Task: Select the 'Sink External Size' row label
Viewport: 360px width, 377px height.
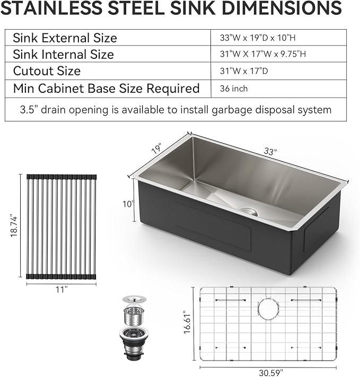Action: coord(65,38)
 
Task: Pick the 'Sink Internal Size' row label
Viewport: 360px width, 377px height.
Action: coord(63,54)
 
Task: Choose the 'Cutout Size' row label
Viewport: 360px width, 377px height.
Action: coord(47,71)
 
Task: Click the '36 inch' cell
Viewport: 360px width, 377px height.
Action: coord(234,89)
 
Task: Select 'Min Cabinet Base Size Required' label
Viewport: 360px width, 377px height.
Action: coord(106,88)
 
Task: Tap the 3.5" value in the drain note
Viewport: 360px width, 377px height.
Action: coord(30,110)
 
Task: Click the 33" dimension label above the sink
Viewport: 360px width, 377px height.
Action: coord(270,152)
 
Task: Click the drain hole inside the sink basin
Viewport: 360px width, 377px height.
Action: coord(248,211)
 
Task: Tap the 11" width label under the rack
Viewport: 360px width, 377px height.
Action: coord(62,290)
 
